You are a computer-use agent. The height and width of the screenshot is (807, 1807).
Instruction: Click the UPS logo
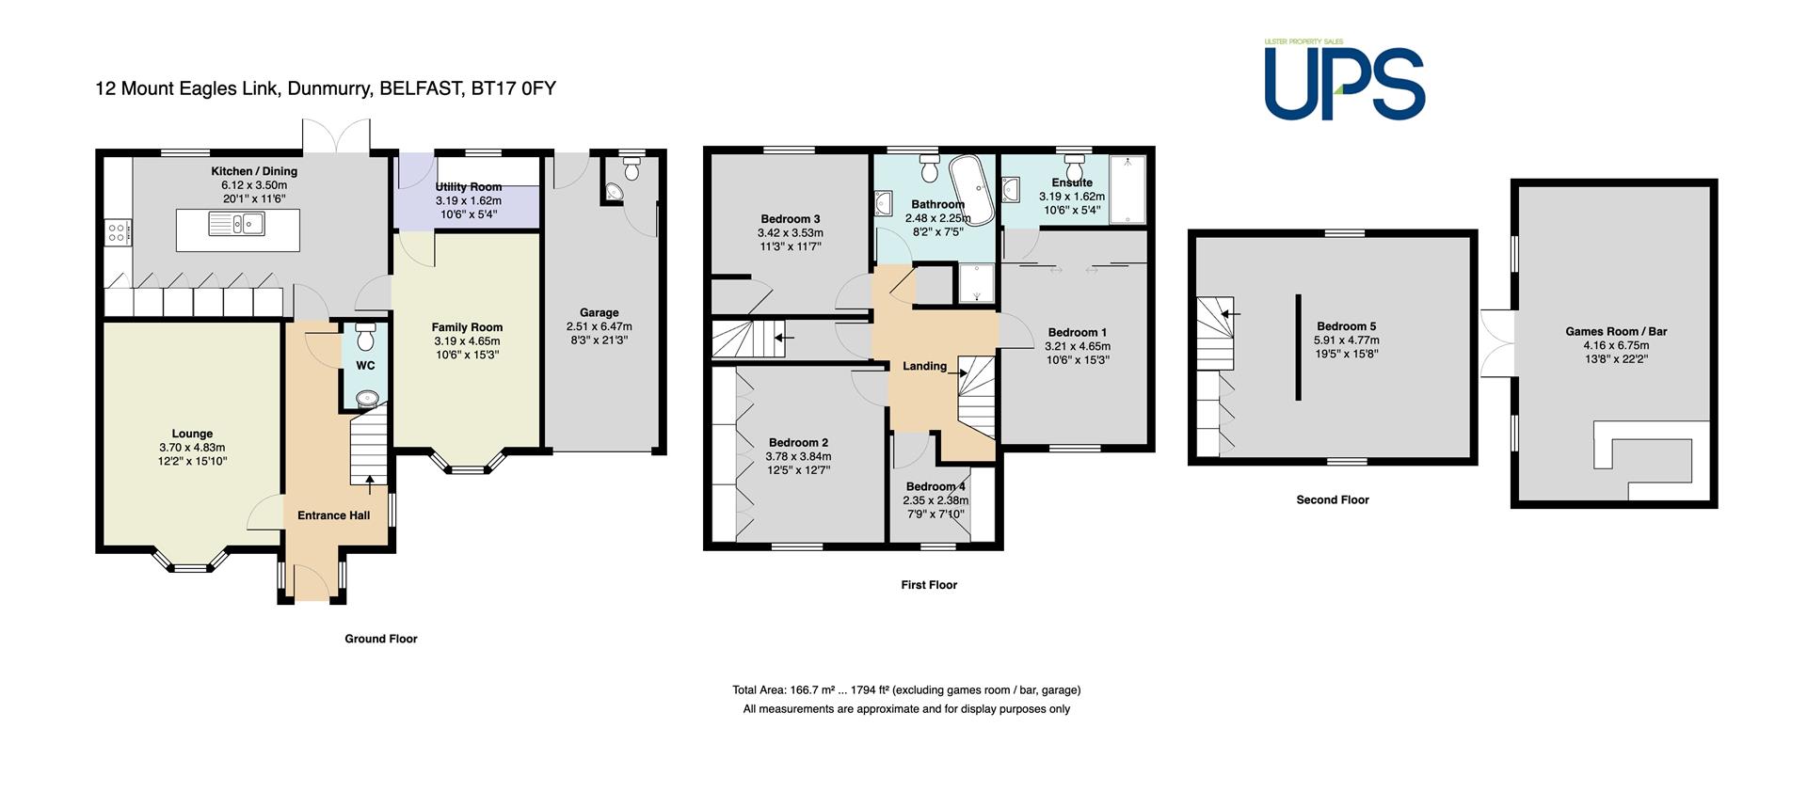pyautogui.click(x=1344, y=80)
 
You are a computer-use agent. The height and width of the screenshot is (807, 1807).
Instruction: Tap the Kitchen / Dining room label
pyautogui.click(x=254, y=171)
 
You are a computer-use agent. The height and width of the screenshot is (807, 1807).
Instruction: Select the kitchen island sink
pyautogui.click(x=238, y=224)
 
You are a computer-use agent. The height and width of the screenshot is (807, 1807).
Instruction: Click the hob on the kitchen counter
pyautogui.click(x=119, y=230)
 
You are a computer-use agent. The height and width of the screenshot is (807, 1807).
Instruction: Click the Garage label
pyautogui.click(x=600, y=312)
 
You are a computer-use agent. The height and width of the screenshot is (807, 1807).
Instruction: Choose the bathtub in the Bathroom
pyautogui.click(x=972, y=190)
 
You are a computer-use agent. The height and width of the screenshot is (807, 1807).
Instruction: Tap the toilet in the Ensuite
pyautogui.click(x=1072, y=166)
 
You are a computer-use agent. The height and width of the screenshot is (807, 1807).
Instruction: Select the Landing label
pyautogui.click(x=925, y=366)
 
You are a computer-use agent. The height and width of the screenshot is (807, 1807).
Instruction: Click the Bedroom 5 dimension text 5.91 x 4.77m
pyautogui.click(x=1347, y=340)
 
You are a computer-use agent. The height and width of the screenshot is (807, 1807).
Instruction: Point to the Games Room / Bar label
pyautogui.click(x=1616, y=331)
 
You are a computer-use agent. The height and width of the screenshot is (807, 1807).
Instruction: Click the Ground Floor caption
pyautogui.click(x=381, y=639)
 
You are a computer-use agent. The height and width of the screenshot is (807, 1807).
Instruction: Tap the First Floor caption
pyautogui.click(x=929, y=585)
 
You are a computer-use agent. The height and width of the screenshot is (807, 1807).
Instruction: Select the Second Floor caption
pyautogui.click(x=1333, y=499)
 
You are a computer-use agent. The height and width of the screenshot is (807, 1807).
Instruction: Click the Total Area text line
pyautogui.click(x=906, y=690)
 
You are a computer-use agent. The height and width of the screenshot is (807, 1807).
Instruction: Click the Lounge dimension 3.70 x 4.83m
pyautogui.click(x=192, y=448)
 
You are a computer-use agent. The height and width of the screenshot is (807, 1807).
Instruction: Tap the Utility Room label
pyautogui.click(x=469, y=187)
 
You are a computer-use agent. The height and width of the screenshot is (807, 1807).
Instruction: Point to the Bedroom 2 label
pyautogui.click(x=799, y=443)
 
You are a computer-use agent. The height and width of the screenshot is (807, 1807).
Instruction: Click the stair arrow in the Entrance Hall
pyautogui.click(x=369, y=484)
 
